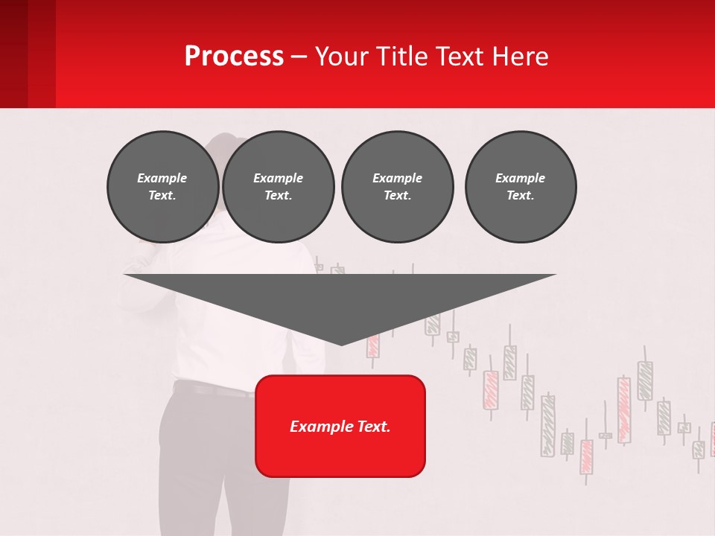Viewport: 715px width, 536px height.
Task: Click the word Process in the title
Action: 234,57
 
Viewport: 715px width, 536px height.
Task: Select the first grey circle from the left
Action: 162,187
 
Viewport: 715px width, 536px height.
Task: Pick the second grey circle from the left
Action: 278,187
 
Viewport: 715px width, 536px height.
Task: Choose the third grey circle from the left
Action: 397,187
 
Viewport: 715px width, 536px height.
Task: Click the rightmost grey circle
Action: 521,187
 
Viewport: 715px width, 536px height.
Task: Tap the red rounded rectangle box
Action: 340,447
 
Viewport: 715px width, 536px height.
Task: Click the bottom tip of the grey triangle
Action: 341,344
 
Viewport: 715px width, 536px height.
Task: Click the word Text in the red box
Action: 372,427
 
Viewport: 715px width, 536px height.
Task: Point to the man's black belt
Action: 209,389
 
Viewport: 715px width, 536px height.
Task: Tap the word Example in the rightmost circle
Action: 521,178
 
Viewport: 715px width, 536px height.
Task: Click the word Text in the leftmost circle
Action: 162,196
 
